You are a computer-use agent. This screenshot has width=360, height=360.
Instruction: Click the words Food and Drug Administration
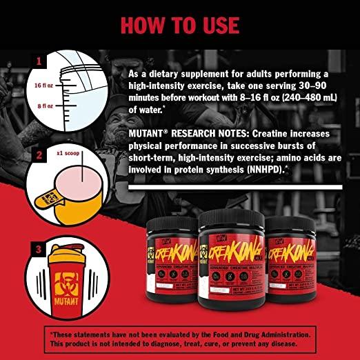point(256,332)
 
